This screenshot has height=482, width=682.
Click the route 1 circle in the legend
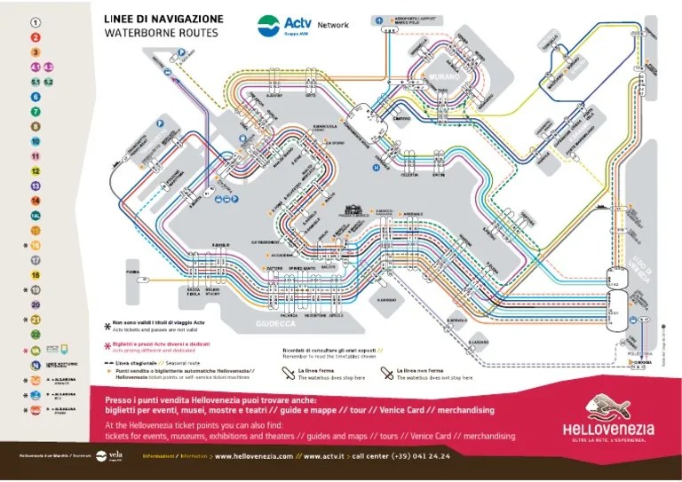tap(36, 22)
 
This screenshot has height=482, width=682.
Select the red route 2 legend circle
tap(36, 37)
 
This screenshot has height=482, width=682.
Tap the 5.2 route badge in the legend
tap(49, 82)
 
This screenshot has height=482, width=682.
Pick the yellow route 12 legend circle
tap(36, 171)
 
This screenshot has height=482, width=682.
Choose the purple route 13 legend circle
tap(36, 186)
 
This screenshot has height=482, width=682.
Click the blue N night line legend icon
tap(36, 364)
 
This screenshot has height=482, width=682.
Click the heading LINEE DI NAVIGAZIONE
tap(163, 19)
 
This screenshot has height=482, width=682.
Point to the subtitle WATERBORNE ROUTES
tap(160, 33)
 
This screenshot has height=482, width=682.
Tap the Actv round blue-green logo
tap(269, 24)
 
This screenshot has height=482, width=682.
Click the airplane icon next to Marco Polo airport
tap(380, 20)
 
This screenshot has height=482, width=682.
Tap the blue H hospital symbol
tap(376, 165)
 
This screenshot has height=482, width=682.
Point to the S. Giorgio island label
tap(385, 299)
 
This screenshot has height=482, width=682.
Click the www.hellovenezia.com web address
tap(251, 456)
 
